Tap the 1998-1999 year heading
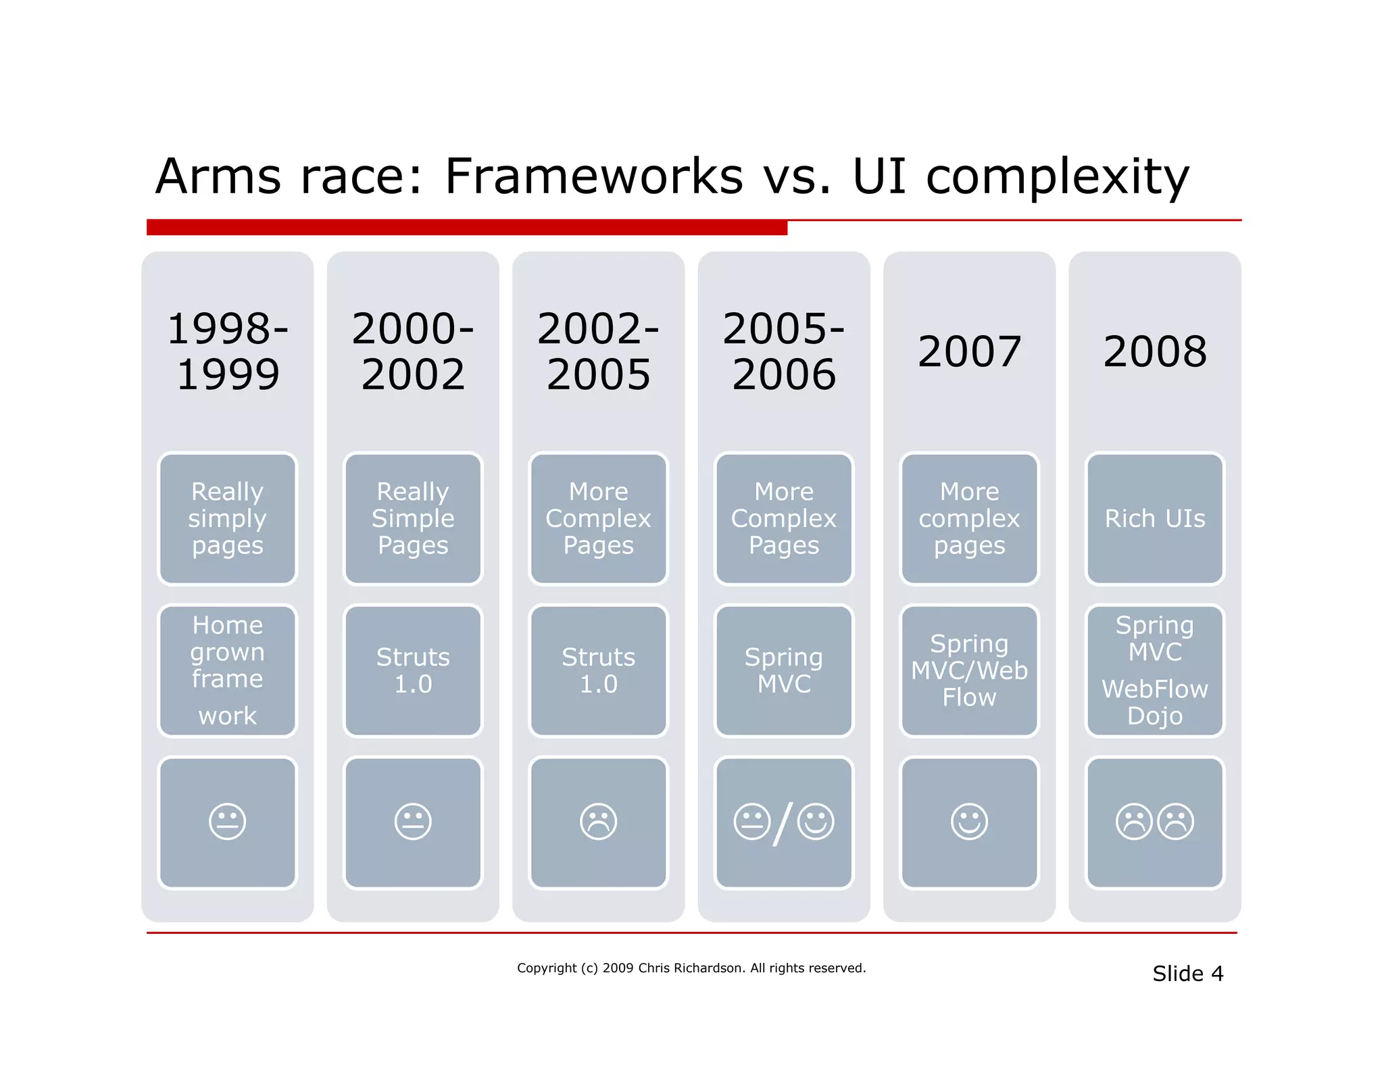tap(228, 351)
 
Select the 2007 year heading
tap(969, 351)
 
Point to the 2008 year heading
tap(1154, 351)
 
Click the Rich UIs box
tap(1154, 518)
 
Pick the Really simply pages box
tap(228, 518)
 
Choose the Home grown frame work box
tap(228, 670)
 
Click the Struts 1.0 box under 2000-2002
tap(413, 670)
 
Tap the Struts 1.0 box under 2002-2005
tap(598, 670)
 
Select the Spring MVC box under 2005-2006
tap(784, 670)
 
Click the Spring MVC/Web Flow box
tap(969, 670)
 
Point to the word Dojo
tap(1154, 716)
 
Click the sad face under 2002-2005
tap(598, 822)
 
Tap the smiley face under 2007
tap(969, 822)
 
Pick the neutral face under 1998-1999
tap(228, 822)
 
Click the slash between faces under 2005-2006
tap(783, 823)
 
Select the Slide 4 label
tap(1187, 974)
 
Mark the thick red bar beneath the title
tap(466, 228)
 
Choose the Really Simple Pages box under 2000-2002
tap(413, 518)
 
